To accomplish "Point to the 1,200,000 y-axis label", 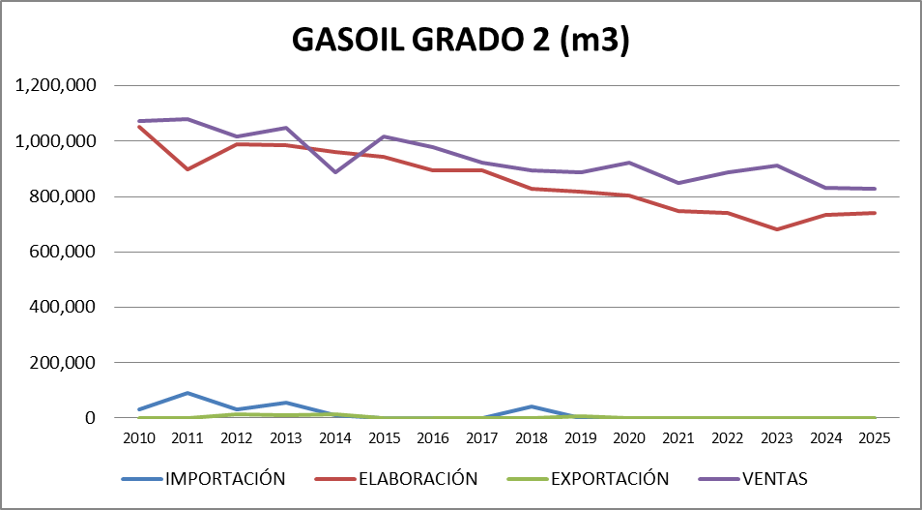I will [x=56, y=86].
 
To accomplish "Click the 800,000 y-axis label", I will [x=63, y=196].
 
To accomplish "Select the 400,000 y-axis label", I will [x=63, y=308].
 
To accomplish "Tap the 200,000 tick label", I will [x=63, y=363].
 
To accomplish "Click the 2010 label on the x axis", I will [x=138, y=437].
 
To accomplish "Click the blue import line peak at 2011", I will [x=187, y=393].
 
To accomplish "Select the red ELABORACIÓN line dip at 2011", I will [x=187, y=169].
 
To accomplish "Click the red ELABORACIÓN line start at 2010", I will [x=138, y=127].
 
